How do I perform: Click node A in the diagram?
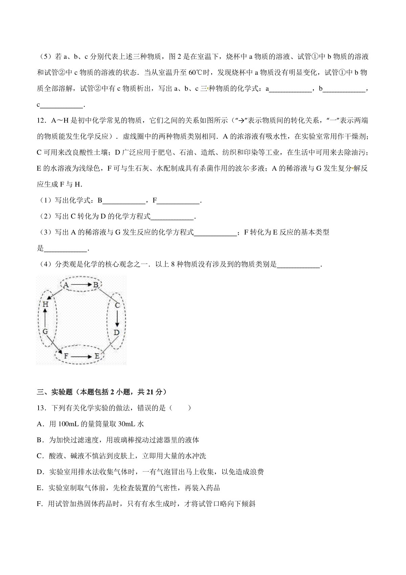(x=66, y=285)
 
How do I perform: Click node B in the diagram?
(x=96, y=285)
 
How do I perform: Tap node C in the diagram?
(x=117, y=305)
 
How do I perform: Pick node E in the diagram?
(x=97, y=356)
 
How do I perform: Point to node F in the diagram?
(x=66, y=356)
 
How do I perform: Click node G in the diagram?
(x=45, y=332)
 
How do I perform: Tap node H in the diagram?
(x=45, y=304)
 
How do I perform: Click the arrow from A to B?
(x=81, y=285)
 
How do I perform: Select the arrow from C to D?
(x=117, y=319)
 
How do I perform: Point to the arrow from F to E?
(x=82, y=356)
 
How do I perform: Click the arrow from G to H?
(x=45, y=318)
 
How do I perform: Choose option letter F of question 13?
(x=39, y=504)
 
